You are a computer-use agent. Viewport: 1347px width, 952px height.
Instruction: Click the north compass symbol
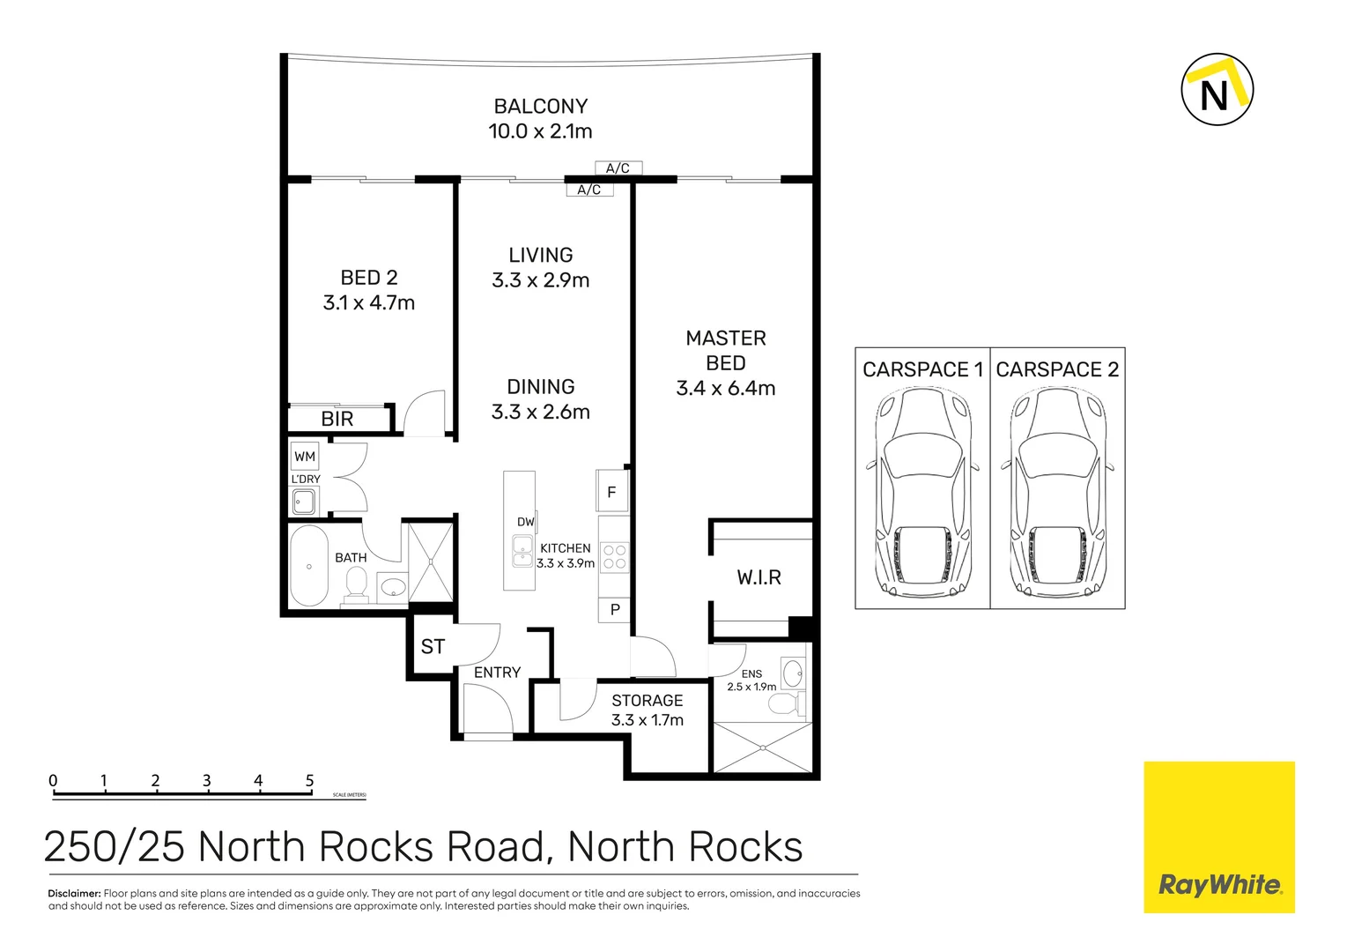tap(1217, 90)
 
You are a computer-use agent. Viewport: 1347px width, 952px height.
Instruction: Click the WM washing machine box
tap(305, 457)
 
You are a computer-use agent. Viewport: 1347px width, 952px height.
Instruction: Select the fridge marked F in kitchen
tap(612, 492)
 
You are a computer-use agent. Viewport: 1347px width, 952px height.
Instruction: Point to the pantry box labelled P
tap(615, 609)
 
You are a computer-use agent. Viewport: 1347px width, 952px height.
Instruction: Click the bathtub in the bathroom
tap(309, 566)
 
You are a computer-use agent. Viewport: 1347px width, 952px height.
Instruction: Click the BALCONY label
tap(541, 107)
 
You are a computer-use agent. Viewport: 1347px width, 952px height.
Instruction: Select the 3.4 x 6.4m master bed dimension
tap(726, 389)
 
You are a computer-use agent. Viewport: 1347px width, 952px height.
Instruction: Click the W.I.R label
tap(759, 577)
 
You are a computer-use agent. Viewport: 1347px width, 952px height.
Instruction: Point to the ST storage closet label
tap(433, 647)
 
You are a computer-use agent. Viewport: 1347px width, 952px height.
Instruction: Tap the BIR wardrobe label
tap(337, 420)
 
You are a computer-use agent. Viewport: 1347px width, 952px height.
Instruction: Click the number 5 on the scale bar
tap(310, 781)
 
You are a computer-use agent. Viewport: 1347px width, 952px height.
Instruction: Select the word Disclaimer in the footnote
tap(74, 894)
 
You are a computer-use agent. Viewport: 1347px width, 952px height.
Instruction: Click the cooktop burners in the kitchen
tap(615, 557)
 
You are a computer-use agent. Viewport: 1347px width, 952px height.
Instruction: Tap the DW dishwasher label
tap(526, 522)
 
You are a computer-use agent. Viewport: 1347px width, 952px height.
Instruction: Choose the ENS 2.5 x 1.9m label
tap(751, 681)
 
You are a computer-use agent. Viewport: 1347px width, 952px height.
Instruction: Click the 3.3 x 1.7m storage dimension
tap(648, 720)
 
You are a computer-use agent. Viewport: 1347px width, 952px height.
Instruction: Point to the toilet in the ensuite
tap(784, 703)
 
